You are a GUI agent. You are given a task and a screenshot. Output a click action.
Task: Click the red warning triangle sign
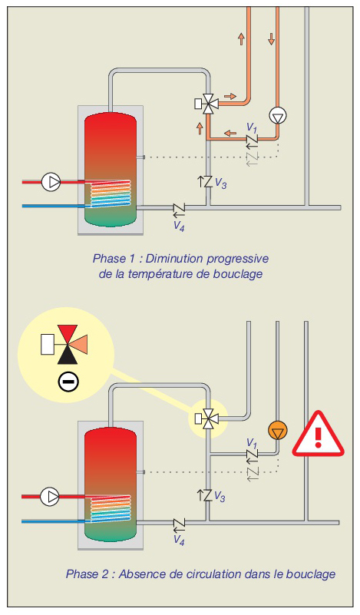pyautogui.click(x=318, y=435)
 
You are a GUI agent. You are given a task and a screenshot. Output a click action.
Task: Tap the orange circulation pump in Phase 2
pyautogui.click(x=277, y=430)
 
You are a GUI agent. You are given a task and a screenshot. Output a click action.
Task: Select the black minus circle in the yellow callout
pyautogui.click(x=68, y=382)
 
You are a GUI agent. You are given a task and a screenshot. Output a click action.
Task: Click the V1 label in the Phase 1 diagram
pyautogui.click(x=251, y=127)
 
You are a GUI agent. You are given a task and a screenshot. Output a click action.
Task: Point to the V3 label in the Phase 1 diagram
pyautogui.click(x=221, y=184)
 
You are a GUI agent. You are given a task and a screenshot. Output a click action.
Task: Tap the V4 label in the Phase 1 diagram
pyautogui.click(x=179, y=226)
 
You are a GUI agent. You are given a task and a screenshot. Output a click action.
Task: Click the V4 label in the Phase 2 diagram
pyautogui.click(x=179, y=540)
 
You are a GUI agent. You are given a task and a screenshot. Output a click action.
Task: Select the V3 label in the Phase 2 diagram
pyautogui.click(x=220, y=497)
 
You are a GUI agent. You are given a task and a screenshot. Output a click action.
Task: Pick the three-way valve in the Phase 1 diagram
pyautogui.click(x=207, y=104)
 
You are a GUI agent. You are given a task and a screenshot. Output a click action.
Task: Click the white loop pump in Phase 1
pyautogui.click(x=277, y=116)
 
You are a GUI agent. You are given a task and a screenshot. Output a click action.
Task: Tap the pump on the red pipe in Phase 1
pyautogui.click(x=51, y=182)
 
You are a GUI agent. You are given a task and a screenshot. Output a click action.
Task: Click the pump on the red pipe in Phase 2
pyautogui.click(x=50, y=496)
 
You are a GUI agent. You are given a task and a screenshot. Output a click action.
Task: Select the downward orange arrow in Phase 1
pyautogui.click(x=272, y=39)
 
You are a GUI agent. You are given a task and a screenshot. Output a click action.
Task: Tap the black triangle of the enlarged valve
pyautogui.click(x=68, y=355)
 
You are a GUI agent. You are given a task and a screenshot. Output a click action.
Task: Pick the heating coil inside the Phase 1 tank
pyautogui.click(x=111, y=193)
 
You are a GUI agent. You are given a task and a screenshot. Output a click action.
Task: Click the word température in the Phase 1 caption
pyautogui.click(x=171, y=274)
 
